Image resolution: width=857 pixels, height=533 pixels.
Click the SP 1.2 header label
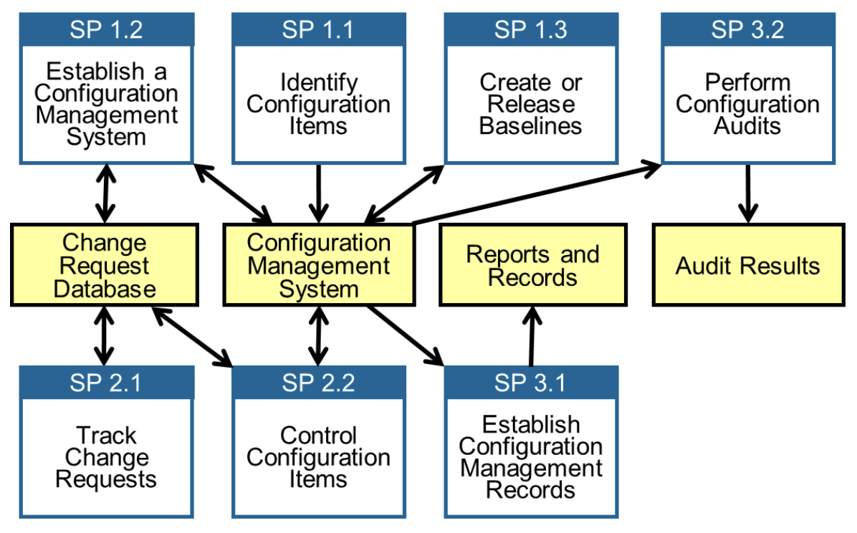tap(106, 30)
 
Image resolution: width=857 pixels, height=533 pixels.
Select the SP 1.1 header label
tap(318, 30)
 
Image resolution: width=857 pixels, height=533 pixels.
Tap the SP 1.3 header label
tap(530, 30)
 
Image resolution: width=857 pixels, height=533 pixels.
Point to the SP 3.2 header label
tap(747, 30)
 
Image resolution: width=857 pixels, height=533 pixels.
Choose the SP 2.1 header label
tap(106, 383)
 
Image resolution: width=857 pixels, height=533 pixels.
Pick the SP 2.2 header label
tap(318, 383)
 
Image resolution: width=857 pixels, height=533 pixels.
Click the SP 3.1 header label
tap(530, 383)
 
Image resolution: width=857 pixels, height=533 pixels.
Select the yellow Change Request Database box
tap(105, 265)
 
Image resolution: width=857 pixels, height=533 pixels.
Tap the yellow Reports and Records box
tap(532, 265)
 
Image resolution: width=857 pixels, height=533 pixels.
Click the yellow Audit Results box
tap(747, 266)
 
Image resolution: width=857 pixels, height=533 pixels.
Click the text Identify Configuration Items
tap(318, 105)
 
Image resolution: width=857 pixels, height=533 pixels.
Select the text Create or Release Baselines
tap(530, 105)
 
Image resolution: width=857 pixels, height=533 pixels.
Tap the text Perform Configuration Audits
tap(747, 105)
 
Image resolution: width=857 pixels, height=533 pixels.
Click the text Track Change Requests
tap(106, 457)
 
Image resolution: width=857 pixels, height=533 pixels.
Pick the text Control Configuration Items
tap(318, 457)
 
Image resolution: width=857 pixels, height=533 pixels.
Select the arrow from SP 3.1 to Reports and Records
tap(531, 335)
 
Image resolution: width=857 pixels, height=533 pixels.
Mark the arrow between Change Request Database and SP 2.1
tap(105, 335)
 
